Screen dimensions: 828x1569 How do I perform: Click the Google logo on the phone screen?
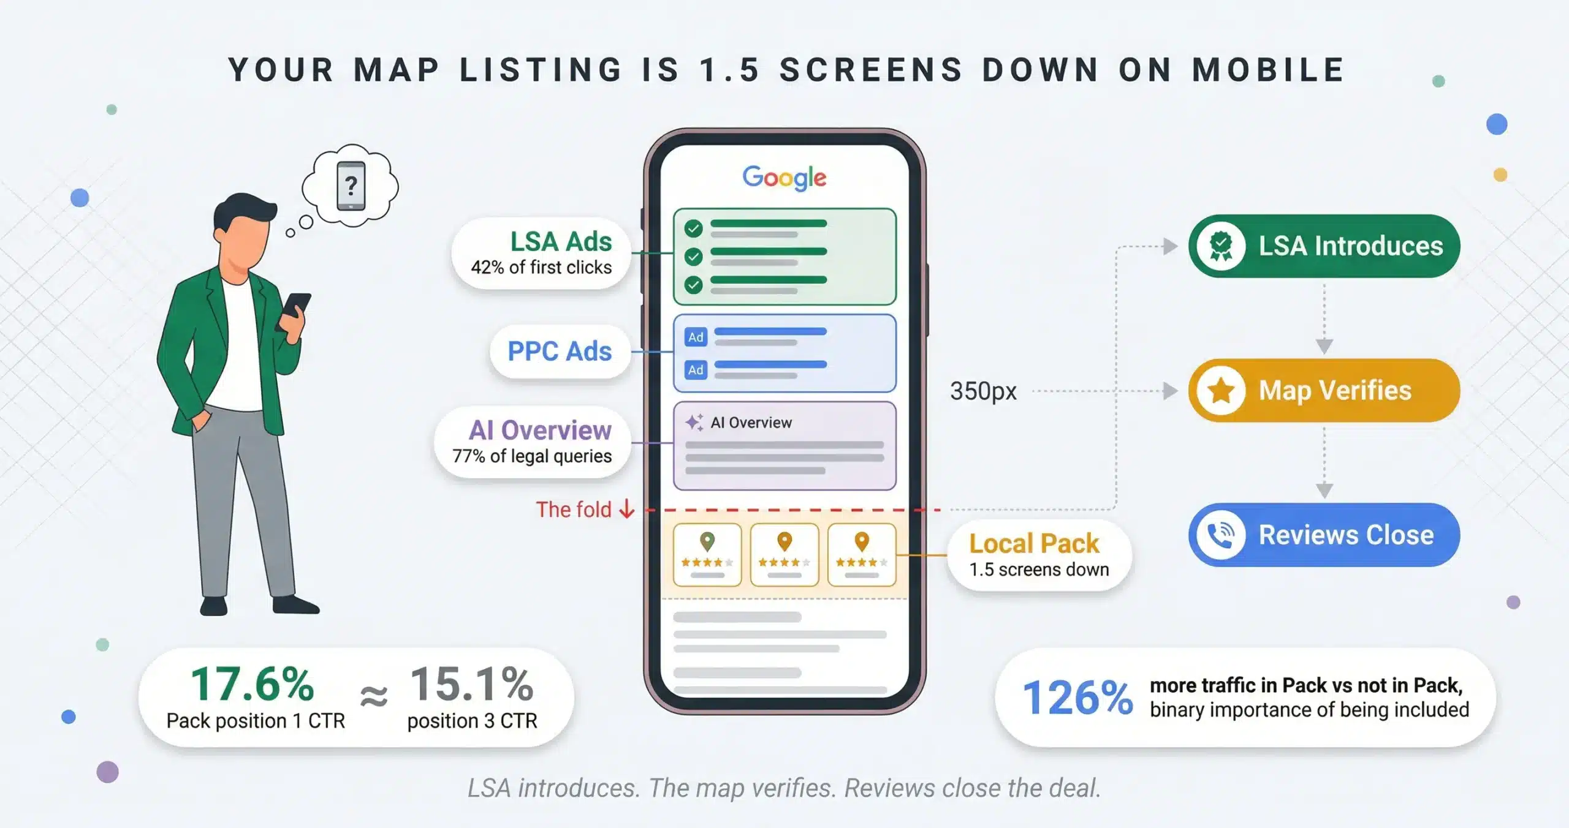[x=784, y=178]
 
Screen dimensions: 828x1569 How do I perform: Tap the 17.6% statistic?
[x=252, y=684]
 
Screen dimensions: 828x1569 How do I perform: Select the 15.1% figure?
[x=471, y=684]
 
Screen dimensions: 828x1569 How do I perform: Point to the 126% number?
[x=1077, y=698]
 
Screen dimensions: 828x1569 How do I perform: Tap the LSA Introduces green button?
[x=1324, y=246]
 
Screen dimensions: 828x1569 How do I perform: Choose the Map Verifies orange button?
[x=1324, y=390]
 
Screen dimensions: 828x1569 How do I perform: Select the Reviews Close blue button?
[x=1324, y=535]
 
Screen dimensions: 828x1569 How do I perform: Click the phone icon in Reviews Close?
[x=1221, y=535]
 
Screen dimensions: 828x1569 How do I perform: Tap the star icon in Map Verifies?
[x=1221, y=390]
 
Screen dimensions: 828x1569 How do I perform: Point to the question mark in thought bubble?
[x=351, y=185]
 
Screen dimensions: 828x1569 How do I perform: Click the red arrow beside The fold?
[x=626, y=509]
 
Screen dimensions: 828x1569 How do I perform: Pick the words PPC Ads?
[x=560, y=351]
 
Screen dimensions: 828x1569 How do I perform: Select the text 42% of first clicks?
[x=541, y=268]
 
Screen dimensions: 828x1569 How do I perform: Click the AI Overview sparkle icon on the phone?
[x=694, y=422]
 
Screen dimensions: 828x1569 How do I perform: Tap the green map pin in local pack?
[x=707, y=541]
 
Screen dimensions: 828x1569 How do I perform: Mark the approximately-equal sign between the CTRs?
[x=374, y=696]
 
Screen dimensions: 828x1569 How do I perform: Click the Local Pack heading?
[x=1034, y=543]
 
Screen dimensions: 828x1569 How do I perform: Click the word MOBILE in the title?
[x=1268, y=70]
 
